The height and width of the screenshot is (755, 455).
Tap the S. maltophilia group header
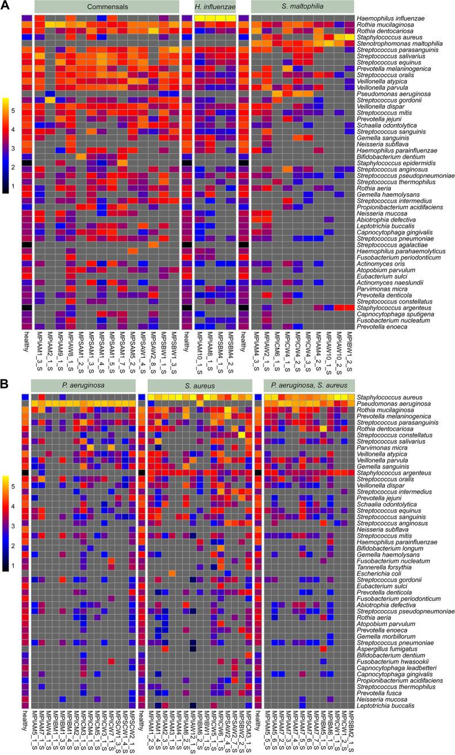(x=301, y=7)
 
